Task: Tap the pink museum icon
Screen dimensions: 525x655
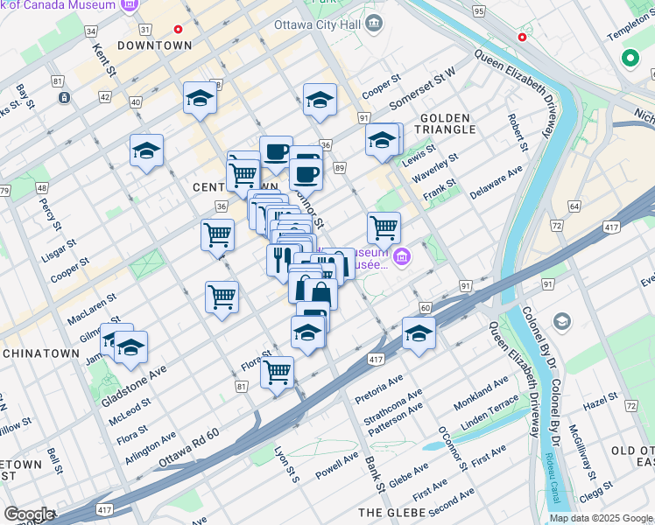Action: (x=402, y=257)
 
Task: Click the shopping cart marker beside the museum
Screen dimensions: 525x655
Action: (x=384, y=228)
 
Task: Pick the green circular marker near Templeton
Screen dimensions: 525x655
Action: (x=629, y=60)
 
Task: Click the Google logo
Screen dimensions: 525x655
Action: (x=28, y=514)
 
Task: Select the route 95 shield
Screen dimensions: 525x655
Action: (x=477, y=10)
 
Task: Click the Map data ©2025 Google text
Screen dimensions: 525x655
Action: (x=600, y=518)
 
